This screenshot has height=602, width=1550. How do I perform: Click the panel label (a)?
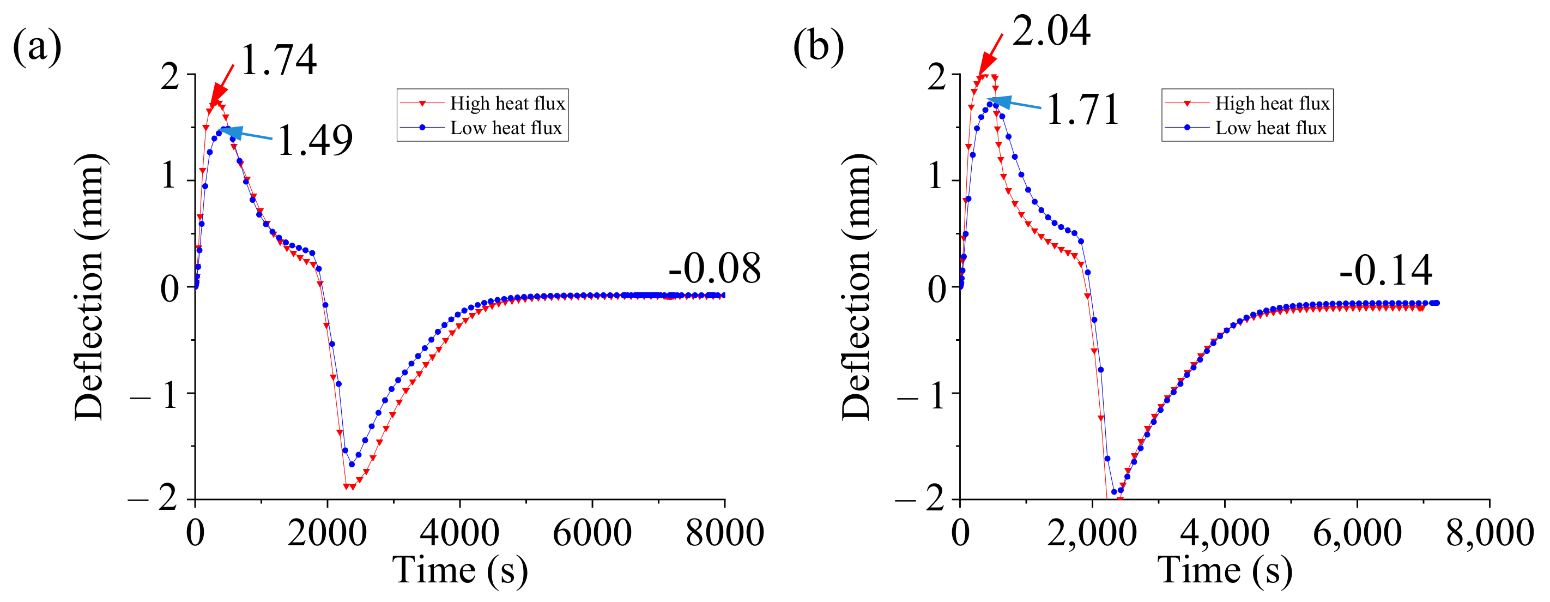coord(37,46)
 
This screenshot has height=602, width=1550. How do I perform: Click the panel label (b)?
coord(818,46)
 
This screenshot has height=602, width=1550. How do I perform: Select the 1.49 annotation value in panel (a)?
coord(314,141)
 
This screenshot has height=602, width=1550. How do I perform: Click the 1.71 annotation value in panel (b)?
coord(1082,110)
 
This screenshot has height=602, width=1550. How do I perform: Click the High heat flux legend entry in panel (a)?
coord(507,104)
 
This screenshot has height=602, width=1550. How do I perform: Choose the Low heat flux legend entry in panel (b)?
coord(1270,128)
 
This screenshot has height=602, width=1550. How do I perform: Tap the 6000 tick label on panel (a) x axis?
coord(592,533)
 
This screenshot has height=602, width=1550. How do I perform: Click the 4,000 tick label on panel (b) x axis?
coord(1225,533)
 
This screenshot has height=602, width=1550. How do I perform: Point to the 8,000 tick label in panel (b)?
coord(1489,533)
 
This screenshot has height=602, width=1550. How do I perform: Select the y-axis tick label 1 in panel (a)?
coord(169,178)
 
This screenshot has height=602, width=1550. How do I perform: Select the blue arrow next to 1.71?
coord(1014,104)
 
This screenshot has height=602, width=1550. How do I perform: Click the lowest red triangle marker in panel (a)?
coord(349,486)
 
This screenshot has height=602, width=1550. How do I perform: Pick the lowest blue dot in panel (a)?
coord(352,464)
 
